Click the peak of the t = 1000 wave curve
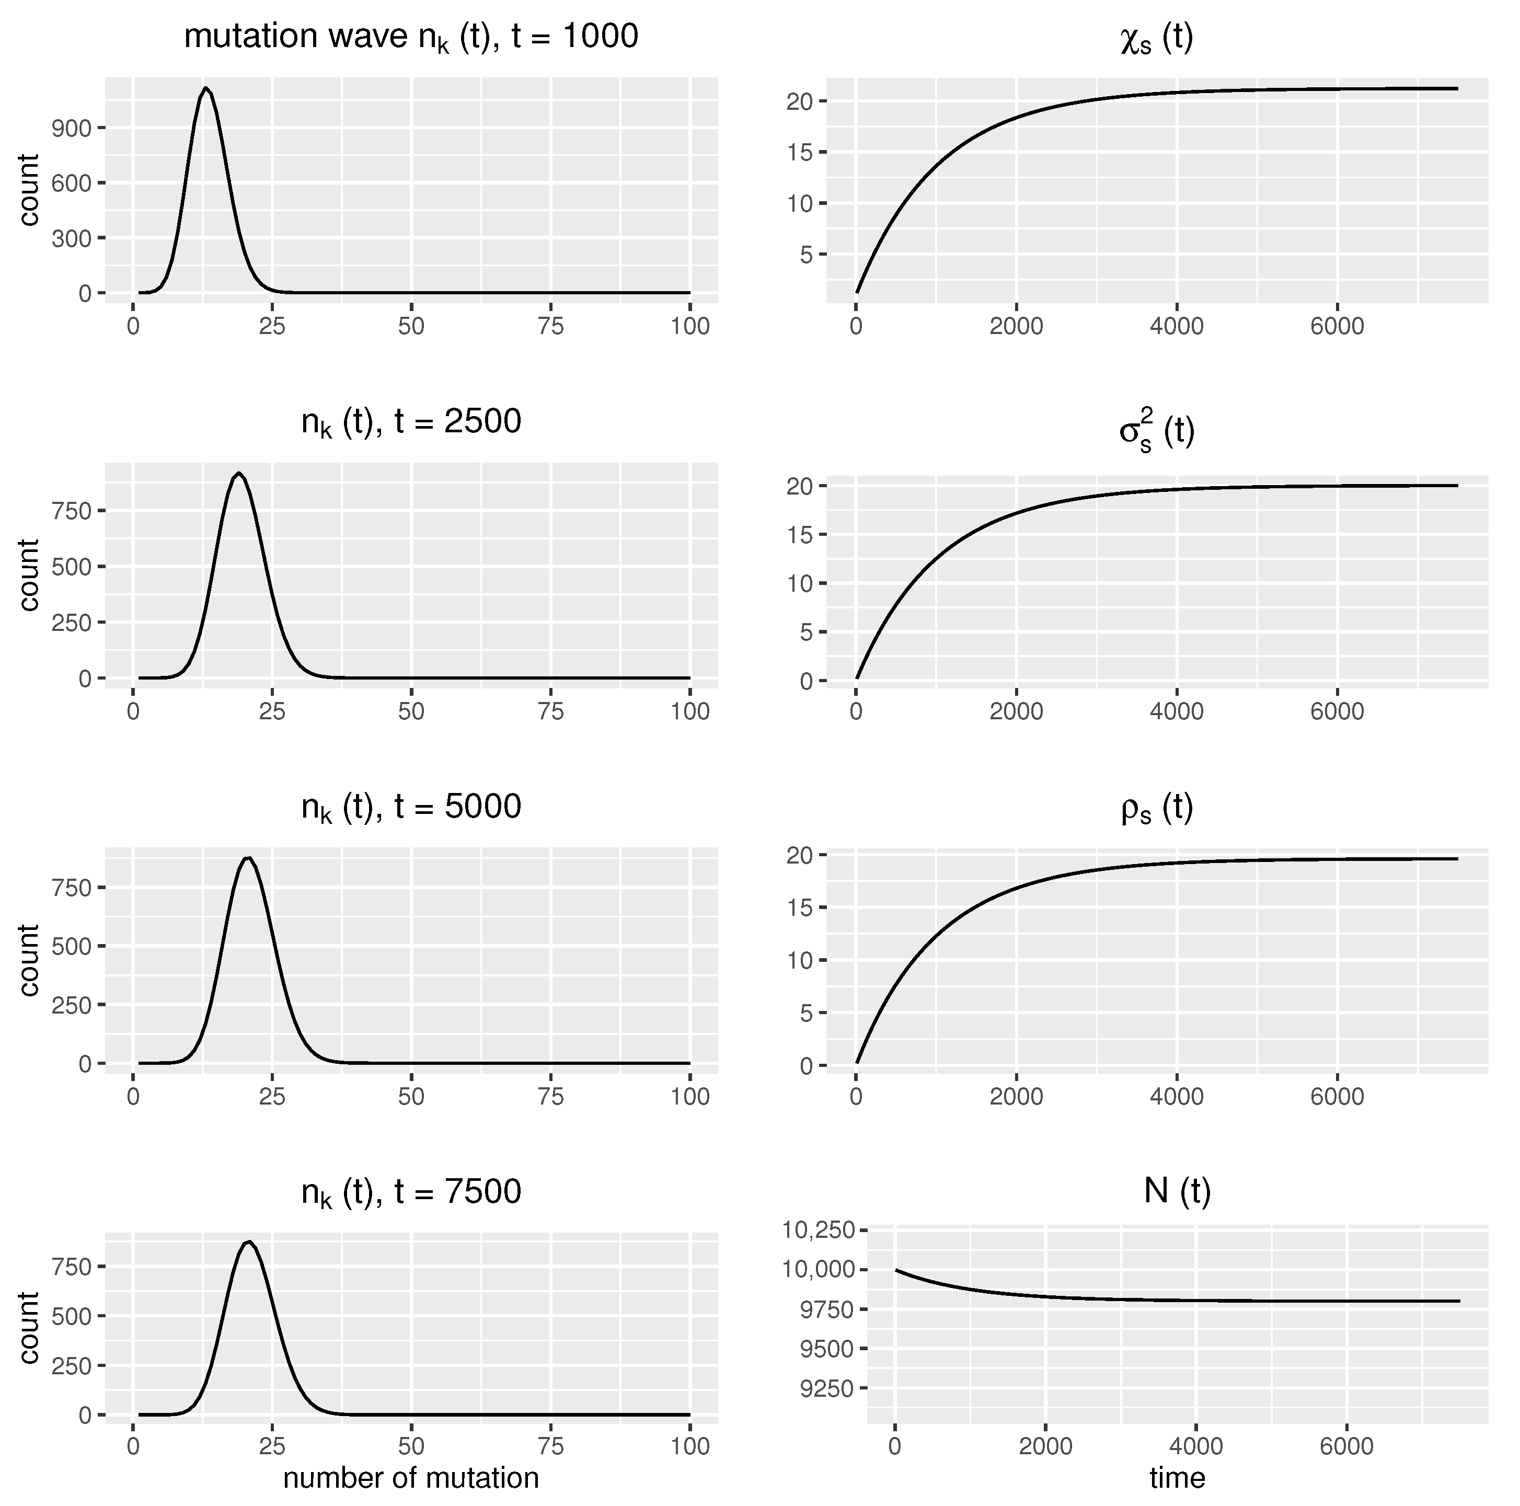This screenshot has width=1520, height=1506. (x=205, y=88)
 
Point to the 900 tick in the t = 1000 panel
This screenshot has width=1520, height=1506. (x=72, y=128)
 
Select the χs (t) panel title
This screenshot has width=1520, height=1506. (x=1157, y=37)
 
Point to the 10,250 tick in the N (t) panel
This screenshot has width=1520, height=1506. (x=818, y=1230)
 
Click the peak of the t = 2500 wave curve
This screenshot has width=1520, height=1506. (x=238, y=474)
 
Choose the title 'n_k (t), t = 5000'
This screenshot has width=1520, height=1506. (x=411, y=807)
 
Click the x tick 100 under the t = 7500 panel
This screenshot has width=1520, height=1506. (x=690, y=1446)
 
